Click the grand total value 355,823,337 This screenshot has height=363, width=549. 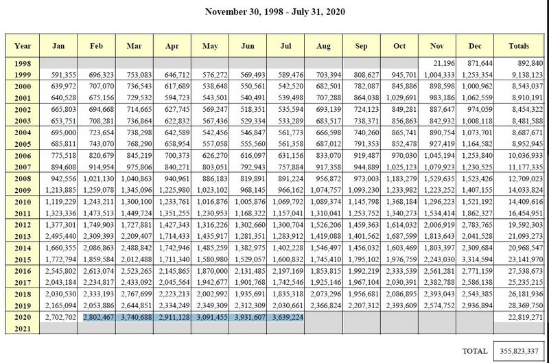519,351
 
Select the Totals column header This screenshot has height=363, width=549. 519,46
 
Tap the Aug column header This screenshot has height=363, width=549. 323,46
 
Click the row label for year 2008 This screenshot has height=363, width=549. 23,178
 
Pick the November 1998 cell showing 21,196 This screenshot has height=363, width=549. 443,63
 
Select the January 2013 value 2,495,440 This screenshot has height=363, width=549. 60,236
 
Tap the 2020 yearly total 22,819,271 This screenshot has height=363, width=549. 525,317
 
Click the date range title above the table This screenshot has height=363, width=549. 275,12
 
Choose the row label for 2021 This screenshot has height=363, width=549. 23,329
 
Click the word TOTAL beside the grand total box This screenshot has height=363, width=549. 475,351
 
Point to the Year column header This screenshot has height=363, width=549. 23,46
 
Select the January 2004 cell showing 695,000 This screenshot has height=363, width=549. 63,132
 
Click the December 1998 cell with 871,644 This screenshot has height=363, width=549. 480,63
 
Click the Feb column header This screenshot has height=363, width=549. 96,46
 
